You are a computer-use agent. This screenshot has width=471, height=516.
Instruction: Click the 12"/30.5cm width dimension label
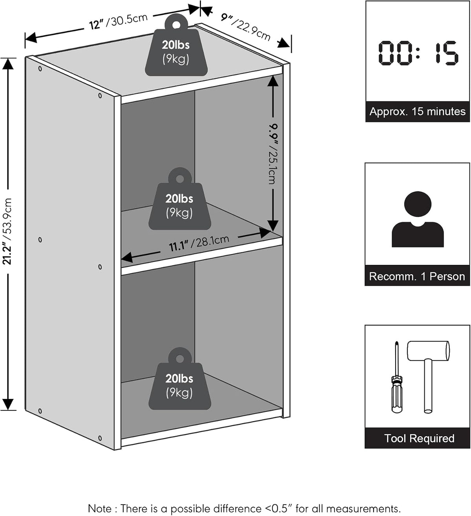(x=119, y=22)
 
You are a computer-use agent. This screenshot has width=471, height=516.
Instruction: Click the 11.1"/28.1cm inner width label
(x=199, y=243)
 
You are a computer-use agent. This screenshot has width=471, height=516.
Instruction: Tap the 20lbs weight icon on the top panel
(x=176, y=45)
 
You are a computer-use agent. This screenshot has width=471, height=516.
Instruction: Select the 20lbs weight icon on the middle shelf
(x=180, y=199)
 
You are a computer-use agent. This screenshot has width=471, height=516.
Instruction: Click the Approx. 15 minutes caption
(x=418, y=111)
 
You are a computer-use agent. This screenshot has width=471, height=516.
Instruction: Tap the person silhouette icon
(x=418, y=219)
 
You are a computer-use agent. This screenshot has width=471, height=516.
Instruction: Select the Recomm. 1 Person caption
(x=417, y=276)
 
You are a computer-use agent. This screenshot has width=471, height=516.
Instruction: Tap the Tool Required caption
(x=419, y=438)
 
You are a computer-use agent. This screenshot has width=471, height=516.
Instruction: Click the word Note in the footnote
(x=100, y=509)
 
